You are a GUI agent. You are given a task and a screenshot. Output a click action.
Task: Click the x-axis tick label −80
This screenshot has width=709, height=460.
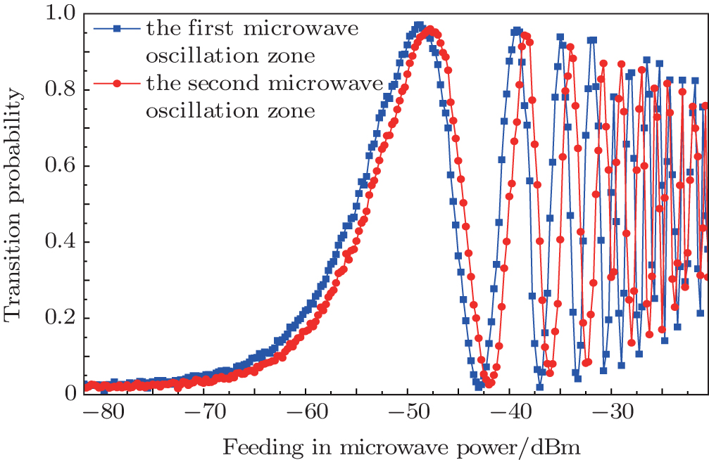pos(103,411)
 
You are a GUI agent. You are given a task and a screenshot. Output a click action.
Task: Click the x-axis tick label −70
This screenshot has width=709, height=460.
pos(205,411)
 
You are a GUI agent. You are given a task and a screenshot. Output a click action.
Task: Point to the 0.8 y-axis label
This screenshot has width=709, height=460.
pos(59,90)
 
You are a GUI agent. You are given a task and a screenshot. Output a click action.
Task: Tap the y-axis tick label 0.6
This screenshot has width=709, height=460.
pos(59,166)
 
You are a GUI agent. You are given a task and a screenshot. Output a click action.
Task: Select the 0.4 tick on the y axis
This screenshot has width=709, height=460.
pos(59,242)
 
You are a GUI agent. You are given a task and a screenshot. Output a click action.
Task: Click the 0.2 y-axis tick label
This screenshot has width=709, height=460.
pos(59,318)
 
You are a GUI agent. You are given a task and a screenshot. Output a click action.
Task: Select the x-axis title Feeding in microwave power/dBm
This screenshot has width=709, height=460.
pos(401,446)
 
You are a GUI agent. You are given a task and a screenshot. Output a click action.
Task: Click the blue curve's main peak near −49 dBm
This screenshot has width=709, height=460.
pos(419,25)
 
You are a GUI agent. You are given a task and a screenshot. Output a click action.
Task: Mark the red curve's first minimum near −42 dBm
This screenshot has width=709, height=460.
pos(489,383)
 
